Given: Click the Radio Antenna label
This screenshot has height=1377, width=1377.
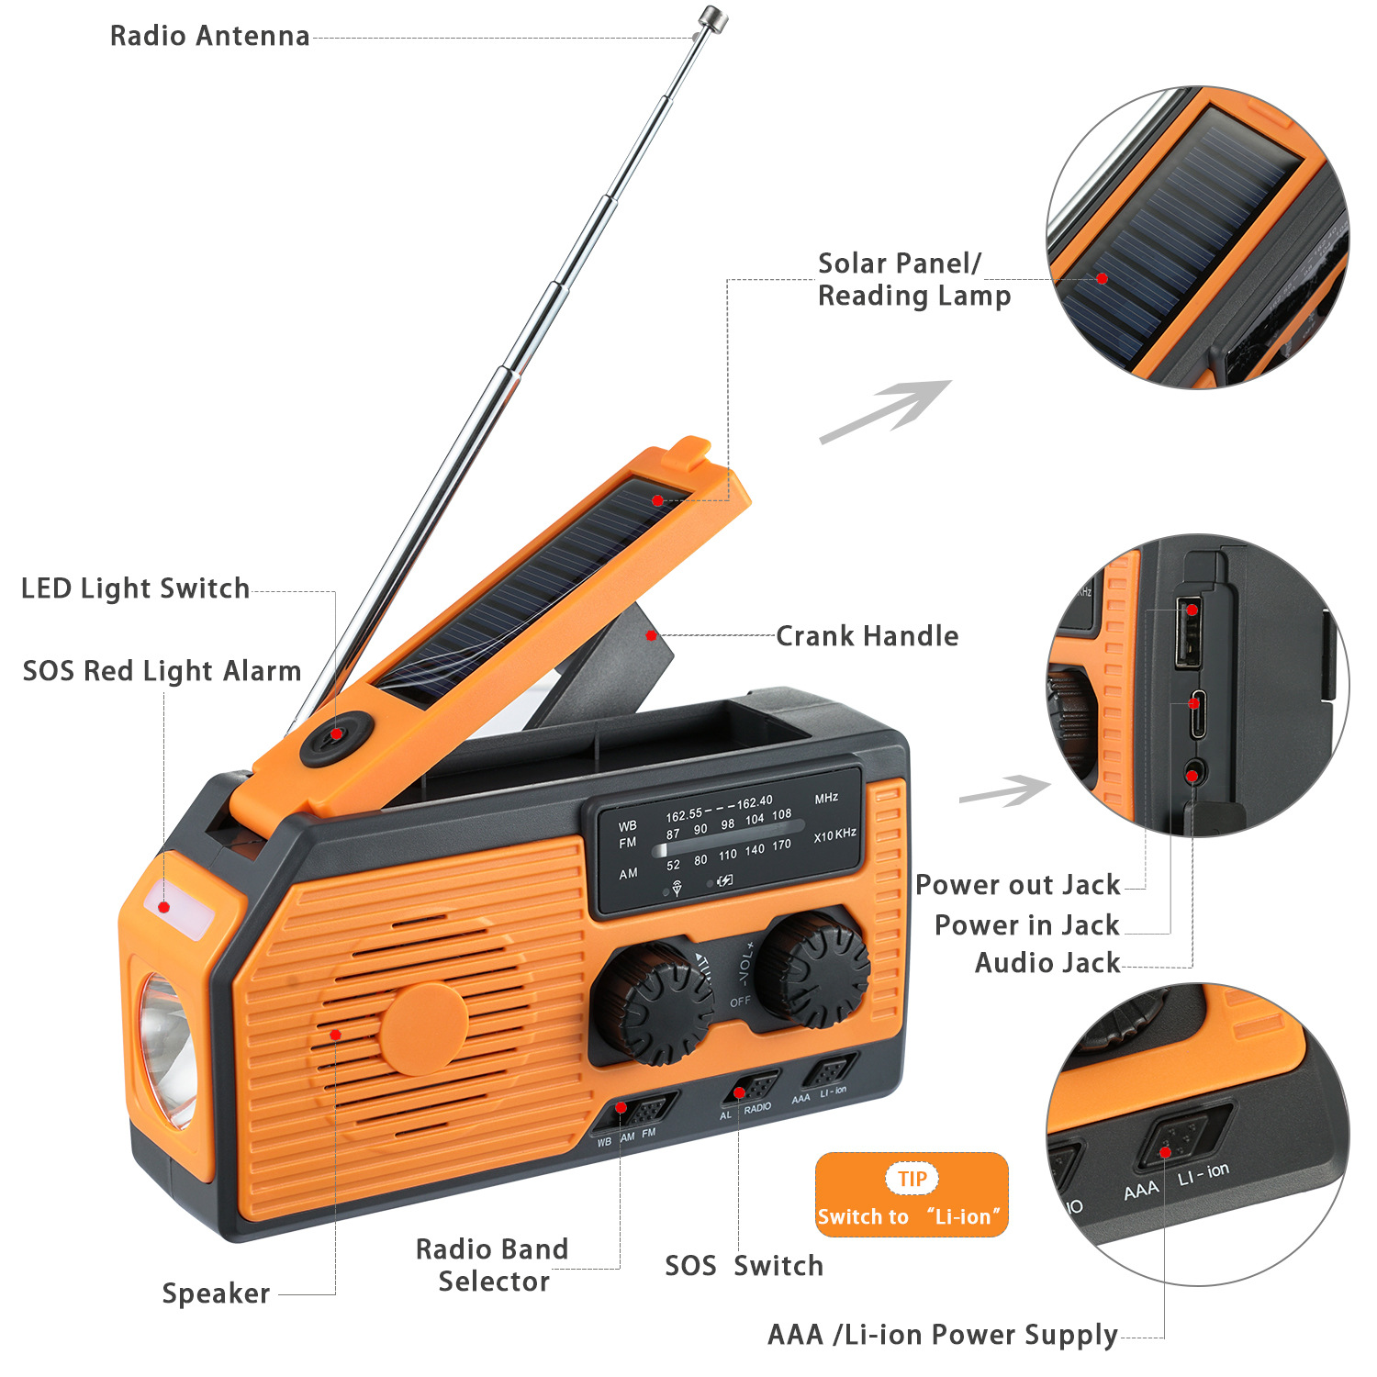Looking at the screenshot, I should [209, 36].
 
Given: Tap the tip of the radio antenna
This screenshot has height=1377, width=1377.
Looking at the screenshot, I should [712, 17].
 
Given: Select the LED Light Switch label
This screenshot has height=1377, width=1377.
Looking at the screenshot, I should [135, 588].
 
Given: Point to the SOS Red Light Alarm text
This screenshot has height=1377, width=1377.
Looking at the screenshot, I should [162, 671].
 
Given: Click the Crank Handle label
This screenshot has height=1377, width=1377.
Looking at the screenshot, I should [867, 636].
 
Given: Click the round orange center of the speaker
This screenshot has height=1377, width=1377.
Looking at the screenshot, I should [423, 1029].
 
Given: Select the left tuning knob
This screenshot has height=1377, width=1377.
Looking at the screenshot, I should [653, 1002].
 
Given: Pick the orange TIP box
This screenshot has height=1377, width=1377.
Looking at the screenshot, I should [912, 1194].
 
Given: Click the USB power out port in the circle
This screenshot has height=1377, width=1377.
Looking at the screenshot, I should [1189, 633].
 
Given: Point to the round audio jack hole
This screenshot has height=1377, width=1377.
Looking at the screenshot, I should [1192, 774].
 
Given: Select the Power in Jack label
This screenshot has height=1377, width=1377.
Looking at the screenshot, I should [1026, 925].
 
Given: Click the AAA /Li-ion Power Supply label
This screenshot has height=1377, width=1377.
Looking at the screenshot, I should [942, 1335].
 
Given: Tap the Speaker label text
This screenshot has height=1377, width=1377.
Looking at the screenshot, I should [216, 1293].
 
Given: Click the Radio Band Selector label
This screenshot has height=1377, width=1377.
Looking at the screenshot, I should [493, 1265].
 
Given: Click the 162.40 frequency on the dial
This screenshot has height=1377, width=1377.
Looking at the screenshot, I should [755, 802].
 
